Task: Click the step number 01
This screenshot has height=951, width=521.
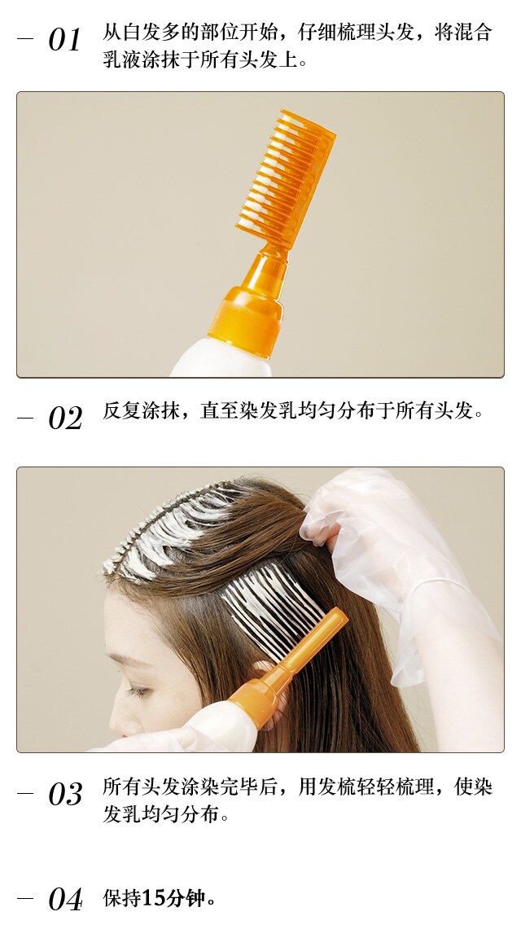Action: [x=64, y=40]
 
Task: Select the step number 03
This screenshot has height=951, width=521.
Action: [x=65, y=794]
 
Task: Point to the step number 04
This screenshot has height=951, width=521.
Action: [x=65, y=900]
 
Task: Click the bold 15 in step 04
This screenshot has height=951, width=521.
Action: [x=152, y=898]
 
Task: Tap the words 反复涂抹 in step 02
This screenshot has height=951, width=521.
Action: [x=142, y=410]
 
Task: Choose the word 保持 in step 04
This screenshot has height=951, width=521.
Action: [x=122, y=898]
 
